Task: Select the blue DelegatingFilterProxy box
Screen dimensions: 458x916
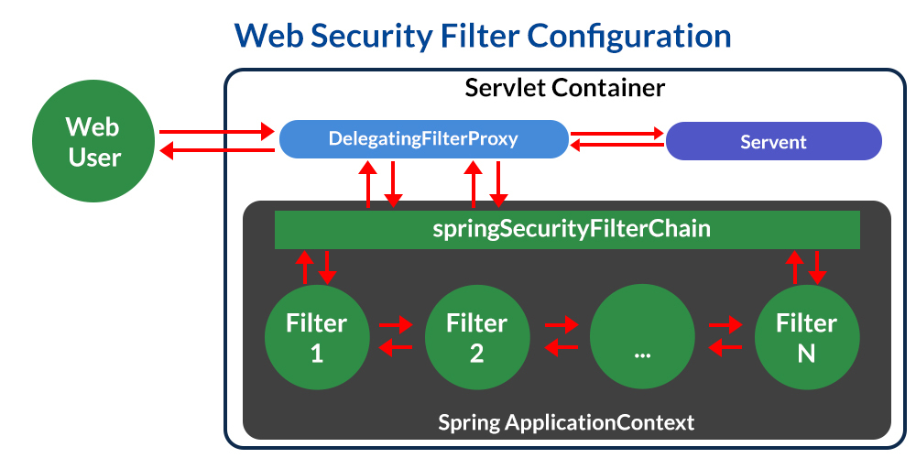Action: click(422, 140)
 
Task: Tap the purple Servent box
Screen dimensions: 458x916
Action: click(773, 142)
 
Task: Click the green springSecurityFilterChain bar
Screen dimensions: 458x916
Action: click(567, 229)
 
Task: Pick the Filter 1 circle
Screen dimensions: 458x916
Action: click(317, 337)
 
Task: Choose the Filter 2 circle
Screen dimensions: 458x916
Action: click(476, 337)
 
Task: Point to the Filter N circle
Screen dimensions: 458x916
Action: click(807, 337)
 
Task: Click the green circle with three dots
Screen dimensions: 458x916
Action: click(642, 337)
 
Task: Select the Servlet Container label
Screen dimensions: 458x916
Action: click(564, 89)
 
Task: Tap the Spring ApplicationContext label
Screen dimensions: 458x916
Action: click(566, 423)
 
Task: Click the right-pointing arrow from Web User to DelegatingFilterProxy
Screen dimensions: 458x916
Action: click(218, 130)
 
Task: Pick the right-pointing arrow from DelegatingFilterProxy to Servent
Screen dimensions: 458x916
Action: click(617, 134)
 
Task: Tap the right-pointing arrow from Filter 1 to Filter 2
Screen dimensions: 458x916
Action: click(397, 324)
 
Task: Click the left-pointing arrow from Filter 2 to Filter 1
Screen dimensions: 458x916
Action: click(396, 347)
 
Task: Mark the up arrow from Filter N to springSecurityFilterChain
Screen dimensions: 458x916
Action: click(795, 266)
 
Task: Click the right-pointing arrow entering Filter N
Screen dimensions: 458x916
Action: click(725, 324)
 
